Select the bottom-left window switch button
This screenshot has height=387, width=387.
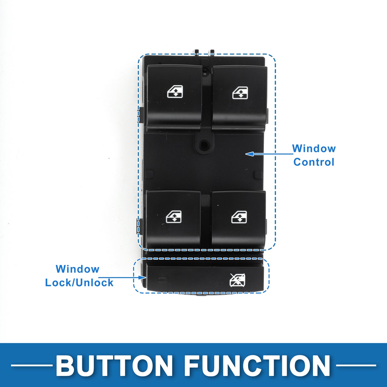pos(173,219)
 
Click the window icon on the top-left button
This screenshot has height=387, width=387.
pos(175,92)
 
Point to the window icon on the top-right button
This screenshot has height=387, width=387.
pos(240,93)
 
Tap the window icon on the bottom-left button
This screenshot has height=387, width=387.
pos(174,217)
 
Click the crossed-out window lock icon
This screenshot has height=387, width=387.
pos(237,280)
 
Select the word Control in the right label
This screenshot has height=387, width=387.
pos(314,162)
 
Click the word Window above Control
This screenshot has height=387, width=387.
pos(314,148)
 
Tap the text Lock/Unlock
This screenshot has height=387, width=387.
pos(79,282)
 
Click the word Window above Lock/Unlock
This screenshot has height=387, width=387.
pos(77,269)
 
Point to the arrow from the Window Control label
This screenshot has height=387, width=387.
pos(269,154)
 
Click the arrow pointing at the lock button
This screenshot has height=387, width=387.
pos(122,277)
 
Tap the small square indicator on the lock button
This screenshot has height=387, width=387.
pos(163,280)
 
